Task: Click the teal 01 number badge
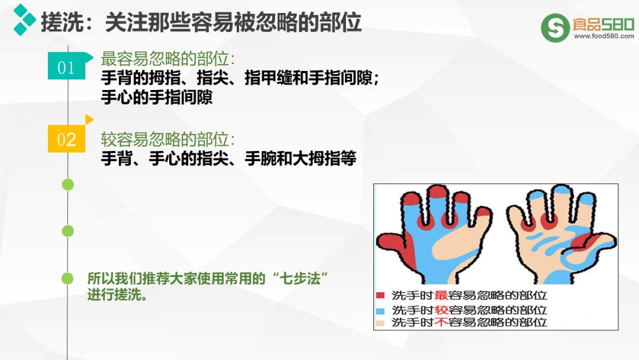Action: [67, 66]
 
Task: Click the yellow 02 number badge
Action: [66, 139]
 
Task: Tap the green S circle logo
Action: [555, 28]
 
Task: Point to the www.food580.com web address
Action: [604, 36]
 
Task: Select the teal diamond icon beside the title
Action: [24, 20]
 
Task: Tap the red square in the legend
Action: [380, 295]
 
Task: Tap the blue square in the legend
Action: [380, 310]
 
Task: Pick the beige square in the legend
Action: [380, 323]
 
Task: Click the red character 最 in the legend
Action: [441, 295]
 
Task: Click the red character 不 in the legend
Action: [441, 322]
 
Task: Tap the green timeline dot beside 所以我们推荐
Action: [67, 278]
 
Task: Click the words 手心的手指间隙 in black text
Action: [157, 98]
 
